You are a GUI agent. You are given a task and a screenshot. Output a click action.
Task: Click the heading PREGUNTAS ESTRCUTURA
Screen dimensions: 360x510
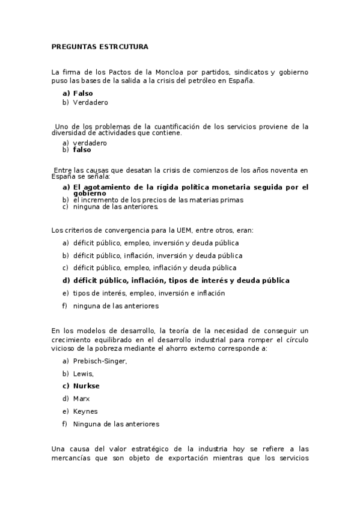pos(100,46)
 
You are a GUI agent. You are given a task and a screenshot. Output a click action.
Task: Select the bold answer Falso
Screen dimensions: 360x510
pos(83,93)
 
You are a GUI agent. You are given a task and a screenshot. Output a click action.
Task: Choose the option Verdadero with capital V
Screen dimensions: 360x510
pos(90,103)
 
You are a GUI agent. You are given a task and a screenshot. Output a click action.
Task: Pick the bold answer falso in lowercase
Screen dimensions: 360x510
pos(82,150)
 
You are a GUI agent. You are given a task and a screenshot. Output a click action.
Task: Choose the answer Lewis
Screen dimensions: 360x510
pos(84,373)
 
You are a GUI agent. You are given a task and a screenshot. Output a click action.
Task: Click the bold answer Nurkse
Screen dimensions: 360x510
pos(87,386)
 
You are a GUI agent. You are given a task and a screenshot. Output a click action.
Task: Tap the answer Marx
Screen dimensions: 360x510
pos(81,399)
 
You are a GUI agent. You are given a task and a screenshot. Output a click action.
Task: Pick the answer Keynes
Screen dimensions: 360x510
pos(85,411)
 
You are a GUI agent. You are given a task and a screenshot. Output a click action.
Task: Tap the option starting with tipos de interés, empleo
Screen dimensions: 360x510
pos(148,293)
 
